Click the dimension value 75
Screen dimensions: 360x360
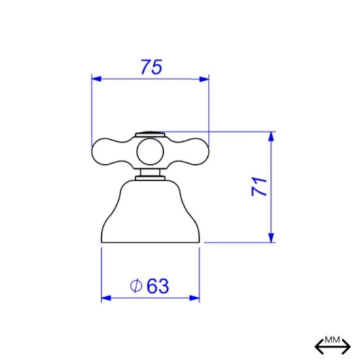pos(151,67)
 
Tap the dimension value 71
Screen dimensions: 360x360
pos(259,186)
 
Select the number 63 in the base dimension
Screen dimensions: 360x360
pos(158,286)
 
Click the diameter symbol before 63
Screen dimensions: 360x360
pos(136,285)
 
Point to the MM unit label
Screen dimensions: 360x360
pos(332,340)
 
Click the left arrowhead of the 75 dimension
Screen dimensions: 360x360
pos(96,79)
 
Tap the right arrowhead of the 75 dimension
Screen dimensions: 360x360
pos(204,79)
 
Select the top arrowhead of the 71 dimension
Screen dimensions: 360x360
pos(271,137)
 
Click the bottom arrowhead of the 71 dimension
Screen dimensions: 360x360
pos(271,238)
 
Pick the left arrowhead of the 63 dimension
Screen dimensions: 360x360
pos(106,298)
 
